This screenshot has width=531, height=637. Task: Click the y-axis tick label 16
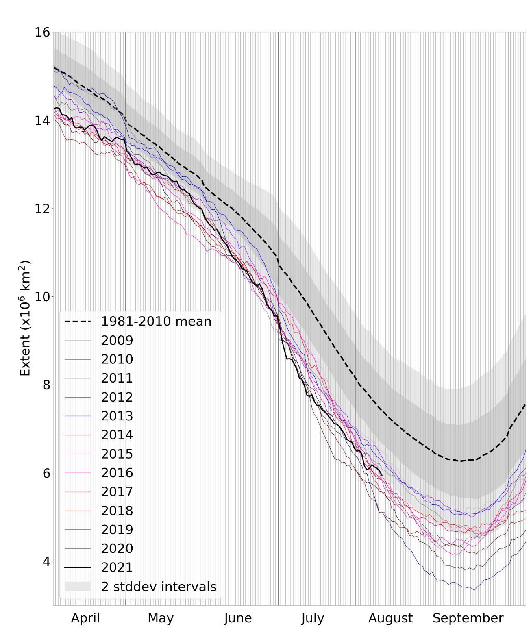pos(42,32)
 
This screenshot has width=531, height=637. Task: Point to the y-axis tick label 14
pos(42,120)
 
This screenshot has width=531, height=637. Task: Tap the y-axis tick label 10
pos(42,297)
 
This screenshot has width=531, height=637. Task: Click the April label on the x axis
pos(85,618)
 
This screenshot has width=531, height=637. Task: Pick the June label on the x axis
pos(238,618)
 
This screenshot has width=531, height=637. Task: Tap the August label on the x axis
pos(390,618)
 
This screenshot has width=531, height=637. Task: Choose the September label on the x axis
pos(468,618)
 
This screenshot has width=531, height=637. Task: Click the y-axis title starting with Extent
pos(25,318)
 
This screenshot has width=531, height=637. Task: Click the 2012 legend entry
pos(117,397)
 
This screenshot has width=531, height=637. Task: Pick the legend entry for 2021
pos(117,567)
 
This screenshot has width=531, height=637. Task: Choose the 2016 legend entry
pos(117,473)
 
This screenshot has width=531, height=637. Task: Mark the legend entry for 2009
pos(117,341)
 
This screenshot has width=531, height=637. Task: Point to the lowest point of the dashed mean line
pos(460,461)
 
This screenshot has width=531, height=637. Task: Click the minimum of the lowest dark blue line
pos(474,590)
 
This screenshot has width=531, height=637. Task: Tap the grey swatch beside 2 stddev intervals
pos(78,587)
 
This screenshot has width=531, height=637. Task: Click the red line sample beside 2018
pos(78,511)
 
